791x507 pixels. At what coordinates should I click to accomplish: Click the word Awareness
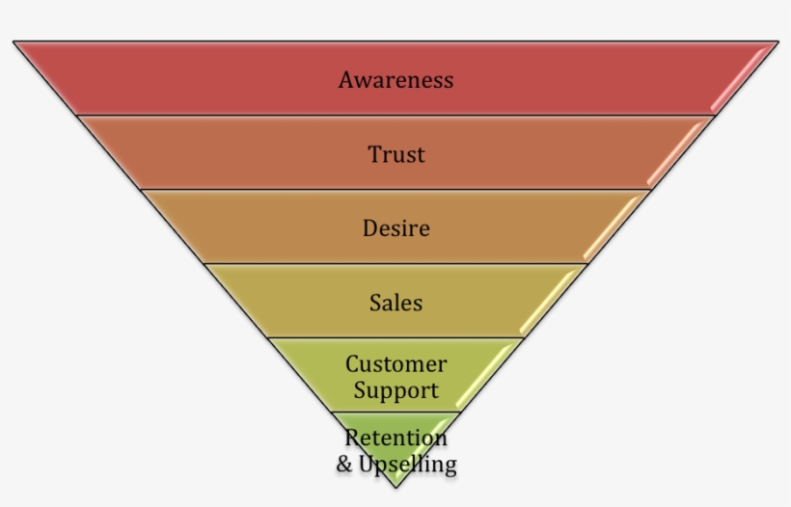coord(395,80)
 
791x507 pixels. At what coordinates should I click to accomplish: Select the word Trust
coord(395,154)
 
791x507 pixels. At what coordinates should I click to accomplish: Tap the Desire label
coord(395,229)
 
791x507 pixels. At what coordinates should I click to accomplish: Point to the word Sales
coord(395,303)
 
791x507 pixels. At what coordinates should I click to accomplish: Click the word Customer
coord(395,365)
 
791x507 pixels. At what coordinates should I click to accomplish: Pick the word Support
coord(395,390)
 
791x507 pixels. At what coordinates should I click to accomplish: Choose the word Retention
coord(395,439)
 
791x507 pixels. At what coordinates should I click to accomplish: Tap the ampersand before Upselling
coord(344,465)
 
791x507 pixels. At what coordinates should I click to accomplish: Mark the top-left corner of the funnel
coord(14,41)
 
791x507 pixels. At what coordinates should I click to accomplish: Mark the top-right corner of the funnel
coord(777,41)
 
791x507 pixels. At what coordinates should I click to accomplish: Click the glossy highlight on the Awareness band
coord(741,81)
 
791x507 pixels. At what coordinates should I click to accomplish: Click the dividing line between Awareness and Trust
coord(395,116)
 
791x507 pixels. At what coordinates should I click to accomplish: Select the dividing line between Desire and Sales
coord(395,263)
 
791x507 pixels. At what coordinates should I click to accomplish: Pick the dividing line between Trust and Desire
coord(395,190)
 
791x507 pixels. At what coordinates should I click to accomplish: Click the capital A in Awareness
coord(346,80)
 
